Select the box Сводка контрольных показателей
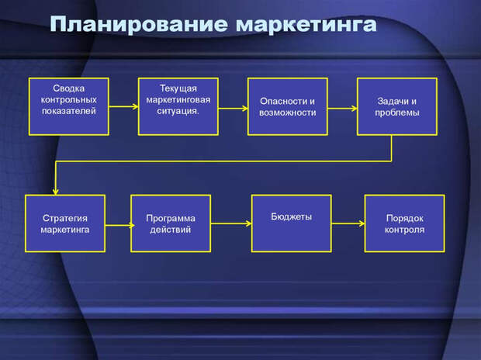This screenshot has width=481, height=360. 68,106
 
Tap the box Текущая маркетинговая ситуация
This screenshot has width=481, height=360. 178,106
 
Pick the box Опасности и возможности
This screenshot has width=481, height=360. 287,106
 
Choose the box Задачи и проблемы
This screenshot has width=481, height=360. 397,106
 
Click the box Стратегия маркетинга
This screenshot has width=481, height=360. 65,223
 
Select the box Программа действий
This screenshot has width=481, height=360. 171,223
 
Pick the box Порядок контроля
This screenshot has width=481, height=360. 404,223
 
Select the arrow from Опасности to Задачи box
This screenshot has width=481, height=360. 341,109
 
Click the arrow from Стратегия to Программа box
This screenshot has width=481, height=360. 117,226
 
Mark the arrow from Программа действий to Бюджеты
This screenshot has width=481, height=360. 231,224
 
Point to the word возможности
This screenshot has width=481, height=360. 288,112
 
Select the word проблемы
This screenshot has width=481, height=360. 397,112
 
